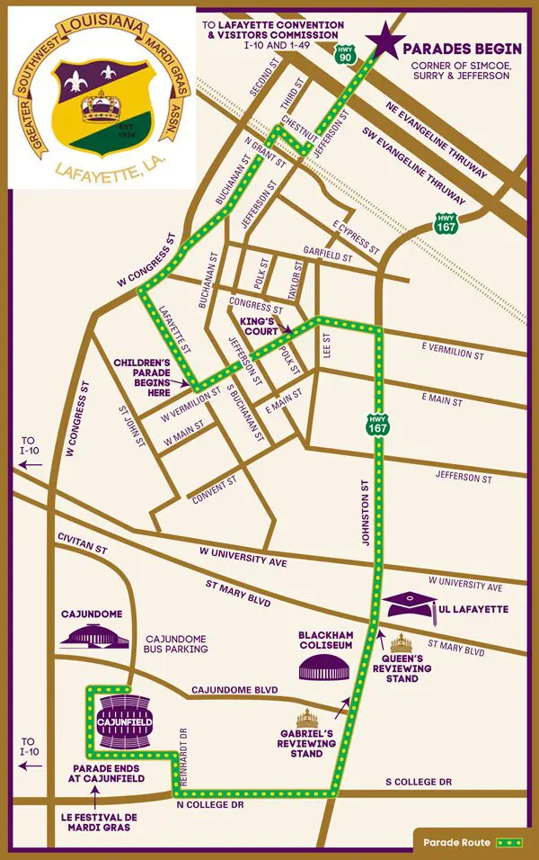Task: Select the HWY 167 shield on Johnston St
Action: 377,424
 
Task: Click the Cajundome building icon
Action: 93,637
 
